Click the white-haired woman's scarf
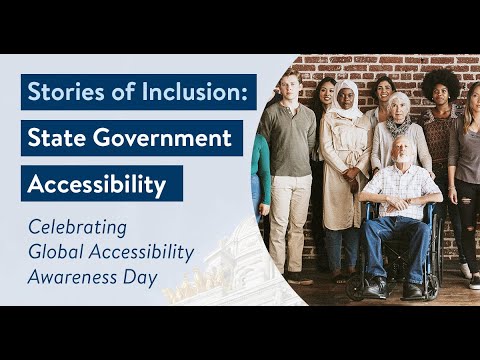(x=398, y=126)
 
